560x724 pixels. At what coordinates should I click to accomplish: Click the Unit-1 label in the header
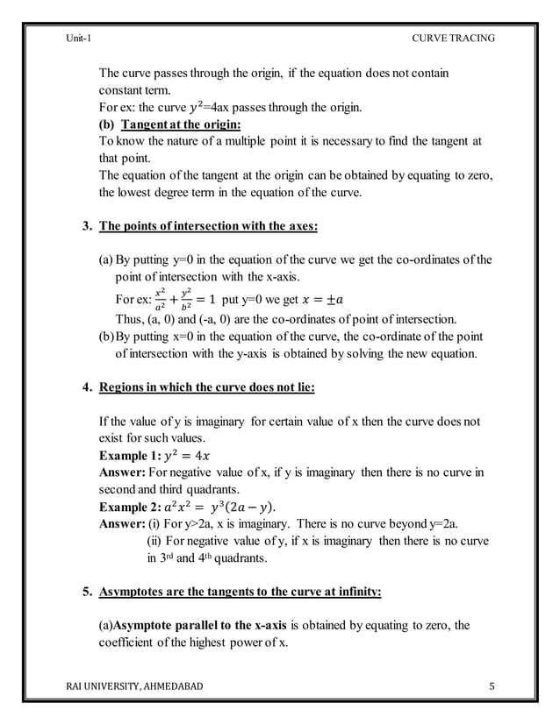[x=79, y=38]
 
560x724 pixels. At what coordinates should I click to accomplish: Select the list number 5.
[x=86, y=593]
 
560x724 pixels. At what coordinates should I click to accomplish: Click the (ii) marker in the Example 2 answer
[x=154, y=541]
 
